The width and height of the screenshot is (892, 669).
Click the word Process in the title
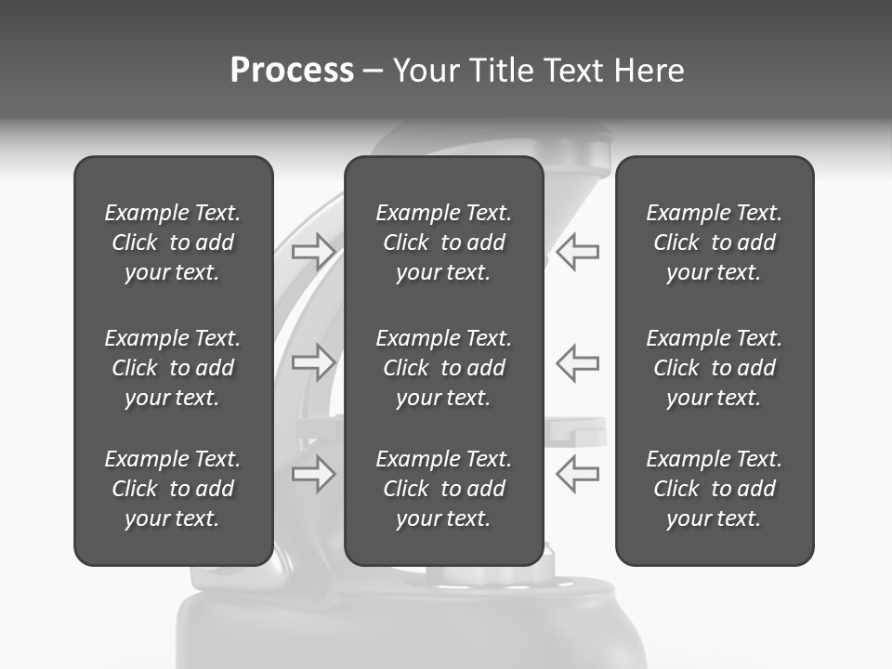click(292, 71)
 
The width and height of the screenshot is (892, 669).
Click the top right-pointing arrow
click(313, 252)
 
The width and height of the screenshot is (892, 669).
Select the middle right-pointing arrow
click(313, 361)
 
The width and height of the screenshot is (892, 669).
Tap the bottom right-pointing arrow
click(313, 474)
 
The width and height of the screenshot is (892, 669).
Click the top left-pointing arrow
click(577, 252)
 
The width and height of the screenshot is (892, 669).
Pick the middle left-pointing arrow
click(577, 361)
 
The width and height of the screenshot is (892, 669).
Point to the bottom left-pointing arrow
click(577, 474)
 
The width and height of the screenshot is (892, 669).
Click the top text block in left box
click(173, 243)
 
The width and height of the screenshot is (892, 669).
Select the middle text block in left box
click(173, 368)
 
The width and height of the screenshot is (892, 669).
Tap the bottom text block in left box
click(173, 489)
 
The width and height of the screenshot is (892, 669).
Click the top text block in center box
click(443, 243)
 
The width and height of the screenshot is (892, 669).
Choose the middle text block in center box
click(443, 368)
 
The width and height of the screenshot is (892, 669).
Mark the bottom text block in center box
click(443, 489)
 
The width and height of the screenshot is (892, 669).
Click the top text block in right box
click(714, 243)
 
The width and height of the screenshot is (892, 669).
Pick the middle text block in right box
click(714, 368)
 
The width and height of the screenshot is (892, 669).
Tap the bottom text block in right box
click(714, 489)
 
